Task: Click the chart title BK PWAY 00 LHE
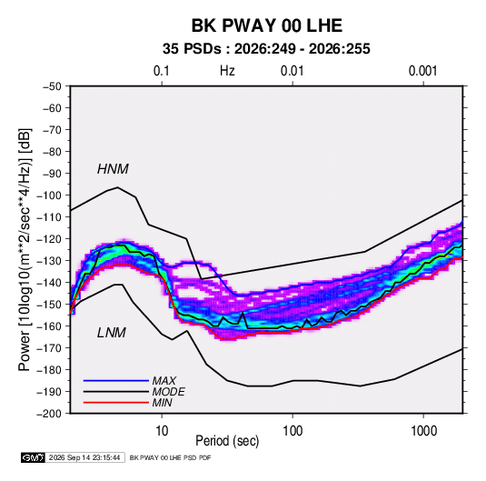pyautogui.click(x=266, y=25)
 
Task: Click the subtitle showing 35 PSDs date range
pyautogui.click(x=266, y=49)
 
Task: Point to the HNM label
pyautogui.click(x=113, y=169)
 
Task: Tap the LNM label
pyautogui.click(x=112, y=333)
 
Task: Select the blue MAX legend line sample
pyautogui.click(x=116, y=381)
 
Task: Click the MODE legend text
pyautogui.click(x=169, y=392)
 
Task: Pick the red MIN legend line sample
pyautogui.click(x=116, y=403)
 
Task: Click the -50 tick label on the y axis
pyautogui.click(x=52, y=86)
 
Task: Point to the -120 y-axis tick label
pyautogui.click(x=49, y=239)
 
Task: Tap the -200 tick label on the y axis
pyautogui.click(x=49, y=414)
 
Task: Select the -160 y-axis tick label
pyautogui.click(x=49, y=326)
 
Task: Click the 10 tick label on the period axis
pyautogui.click(x=162, y=431)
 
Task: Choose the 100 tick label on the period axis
pyautogui.click(x=293, y=431)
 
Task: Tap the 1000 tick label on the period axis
pyautogui.click(x=423, y=431)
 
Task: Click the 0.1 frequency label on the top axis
pyautogui.click(x=162, y=71)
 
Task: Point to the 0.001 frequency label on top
pyautogui.click(x=422, y=71)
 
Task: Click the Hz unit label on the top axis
pyautogui.click(x=227, y=71)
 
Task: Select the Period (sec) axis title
pyautogui.click(x=227, y=441)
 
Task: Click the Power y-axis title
pyautogui.click(x=25, y=250)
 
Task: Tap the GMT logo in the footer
pyautogui.click(x=34, y=457)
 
